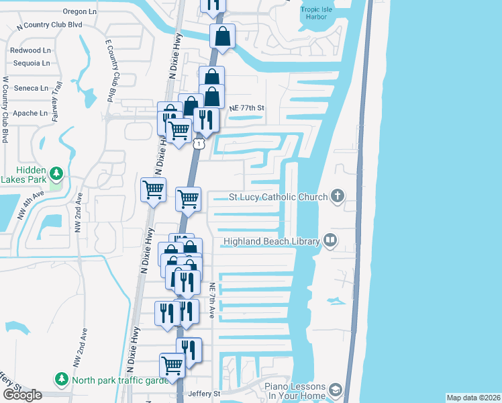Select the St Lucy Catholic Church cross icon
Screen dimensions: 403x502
338,196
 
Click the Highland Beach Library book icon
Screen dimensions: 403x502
330,240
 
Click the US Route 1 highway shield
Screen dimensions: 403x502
198,144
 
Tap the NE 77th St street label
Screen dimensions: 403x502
247,107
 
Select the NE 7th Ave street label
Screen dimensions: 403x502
211,299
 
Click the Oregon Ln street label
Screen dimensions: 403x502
80,11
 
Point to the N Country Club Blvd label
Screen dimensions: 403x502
53,24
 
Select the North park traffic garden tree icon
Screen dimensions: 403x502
62,379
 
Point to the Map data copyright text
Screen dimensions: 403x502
473,398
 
